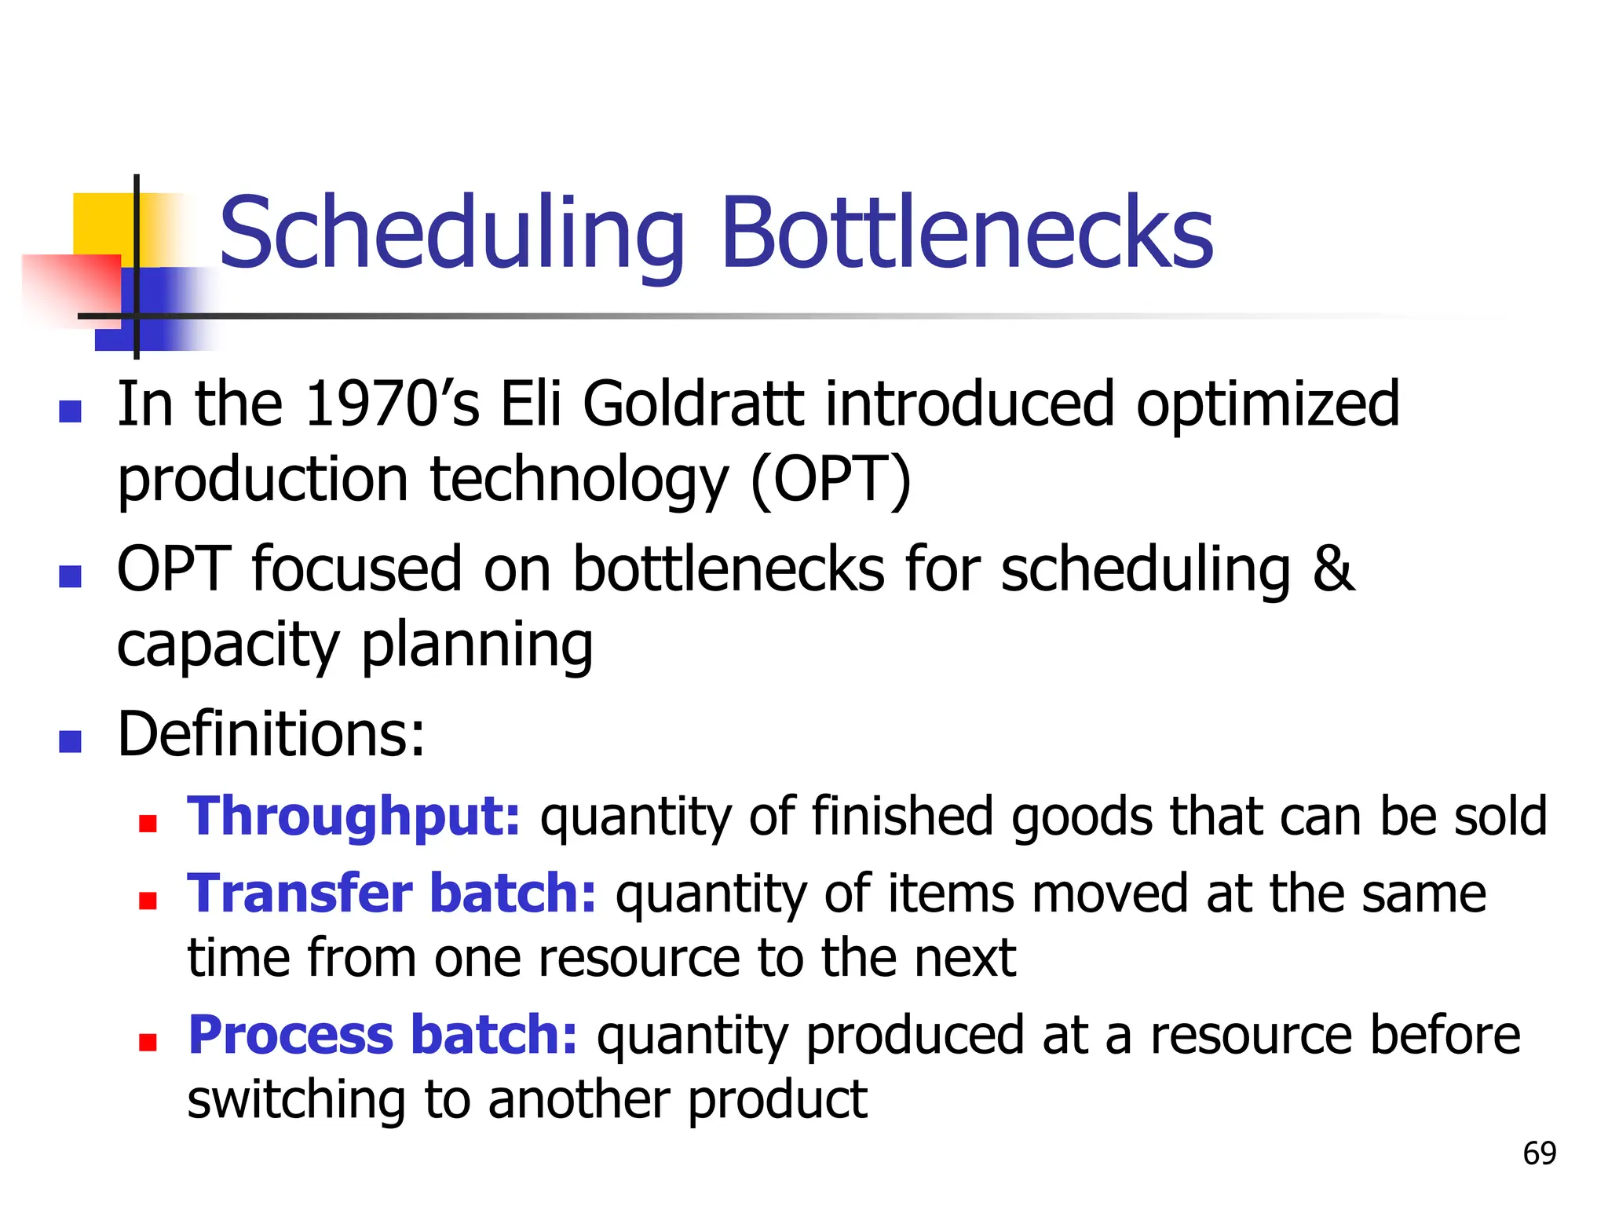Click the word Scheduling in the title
click(452, 234)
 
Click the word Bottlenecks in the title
click(967, 234)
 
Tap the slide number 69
click(1539, 1153)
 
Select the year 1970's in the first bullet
click(391, 405)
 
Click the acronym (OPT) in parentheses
click(831, 481)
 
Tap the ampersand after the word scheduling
click(1333, 568)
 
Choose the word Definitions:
click(271, 735)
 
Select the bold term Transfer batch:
click(391, 895)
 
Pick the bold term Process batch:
click(382, 1036)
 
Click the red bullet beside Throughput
click(148, 823)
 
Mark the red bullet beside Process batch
click(148, 1042)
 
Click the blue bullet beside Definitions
click(71, 741)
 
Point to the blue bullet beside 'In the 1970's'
click(71, 411)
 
